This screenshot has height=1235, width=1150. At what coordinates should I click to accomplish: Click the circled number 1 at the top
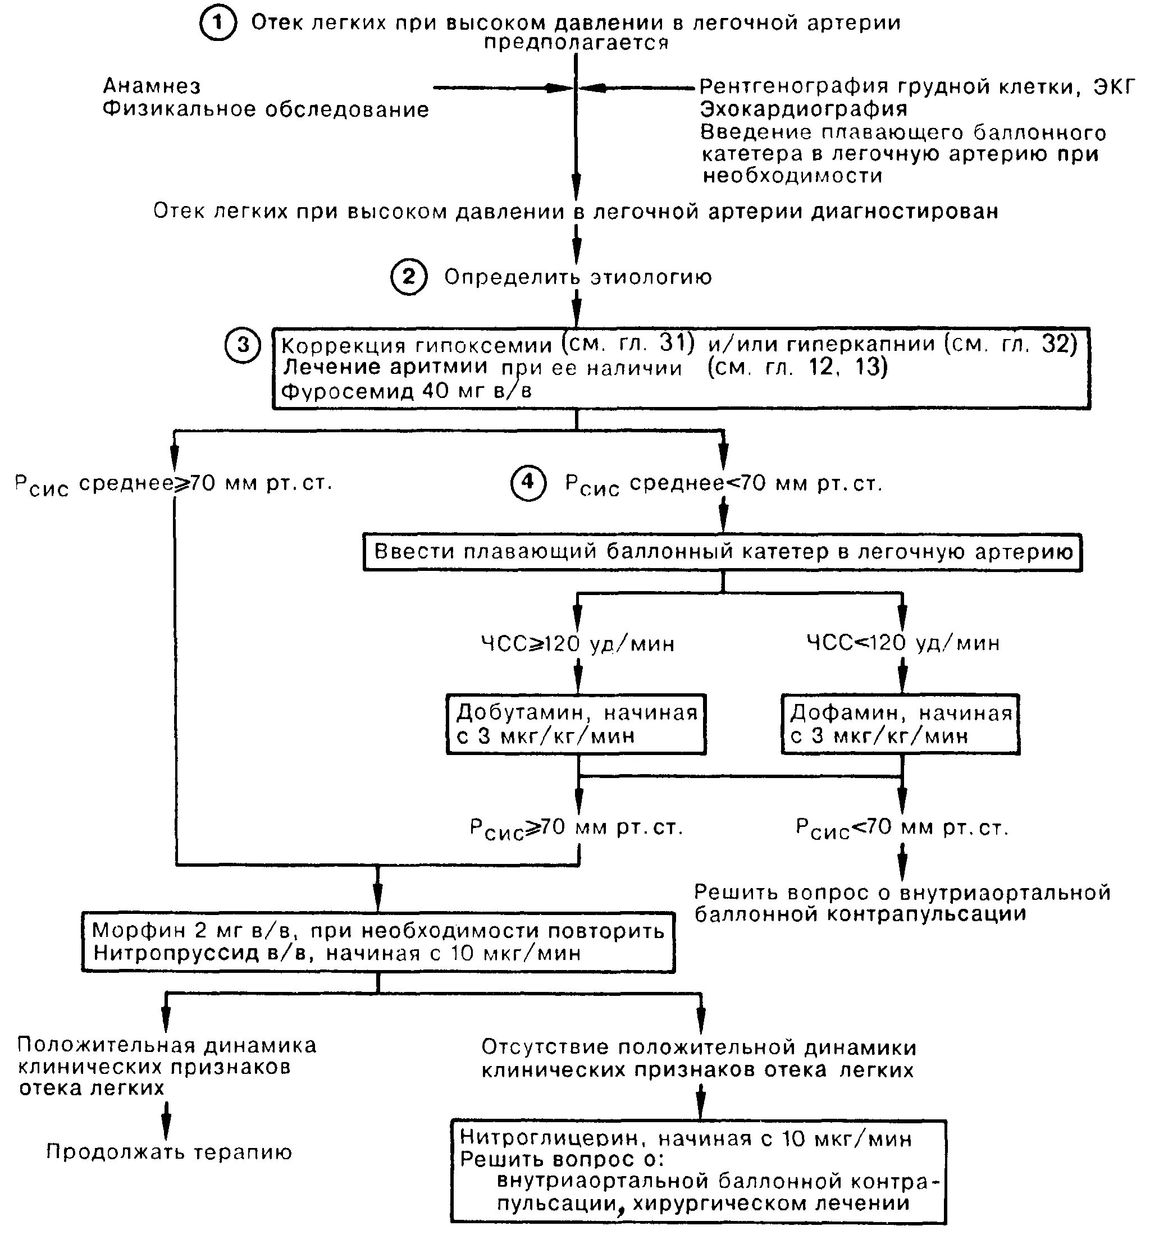(217, 24)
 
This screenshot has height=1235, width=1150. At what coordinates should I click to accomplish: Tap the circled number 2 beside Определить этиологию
(408, 276)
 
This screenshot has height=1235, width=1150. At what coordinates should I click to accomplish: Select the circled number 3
(243, 345)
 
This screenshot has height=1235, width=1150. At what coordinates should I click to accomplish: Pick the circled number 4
(528, 482)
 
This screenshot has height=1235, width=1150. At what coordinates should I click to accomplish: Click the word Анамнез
(152, 85)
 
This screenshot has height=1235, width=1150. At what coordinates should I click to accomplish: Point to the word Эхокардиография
(804, 109)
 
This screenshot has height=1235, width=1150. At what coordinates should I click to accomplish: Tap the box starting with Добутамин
(576, 724)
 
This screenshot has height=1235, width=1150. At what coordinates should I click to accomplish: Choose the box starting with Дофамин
(900, 724)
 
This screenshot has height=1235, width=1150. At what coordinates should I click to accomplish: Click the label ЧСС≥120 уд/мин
(578, 643)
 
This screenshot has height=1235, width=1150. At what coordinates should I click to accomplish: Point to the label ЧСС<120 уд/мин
(903, 642)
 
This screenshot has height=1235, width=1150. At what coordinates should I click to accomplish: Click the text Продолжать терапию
(169, 1152)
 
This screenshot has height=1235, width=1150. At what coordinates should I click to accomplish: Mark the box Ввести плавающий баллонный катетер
(722, 552)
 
